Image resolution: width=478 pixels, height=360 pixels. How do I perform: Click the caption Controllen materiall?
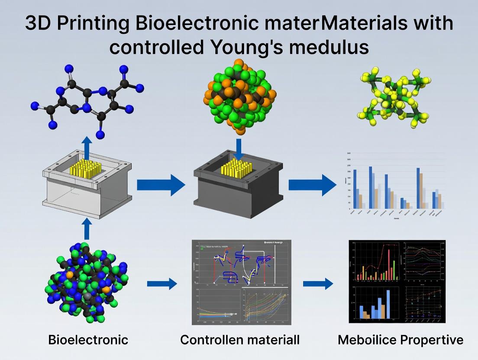coord(239,340)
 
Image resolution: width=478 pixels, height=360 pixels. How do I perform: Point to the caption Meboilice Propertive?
coord(400,340)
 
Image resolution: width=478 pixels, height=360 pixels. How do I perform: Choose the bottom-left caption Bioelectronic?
coord(88,340)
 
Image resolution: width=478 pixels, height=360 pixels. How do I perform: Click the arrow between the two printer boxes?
coord(161,186)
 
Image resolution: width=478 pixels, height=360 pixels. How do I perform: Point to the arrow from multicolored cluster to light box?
coord(87,228)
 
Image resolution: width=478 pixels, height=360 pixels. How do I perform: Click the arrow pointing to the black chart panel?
coord(318,284)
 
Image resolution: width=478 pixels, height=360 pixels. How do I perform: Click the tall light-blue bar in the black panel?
coord(388,304)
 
